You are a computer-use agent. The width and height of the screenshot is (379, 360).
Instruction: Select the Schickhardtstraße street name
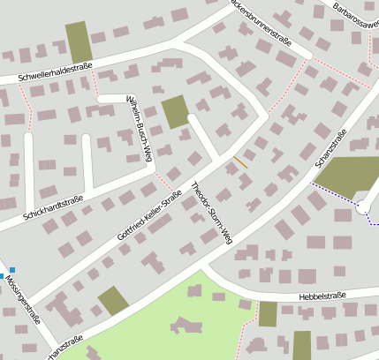coord(53,207)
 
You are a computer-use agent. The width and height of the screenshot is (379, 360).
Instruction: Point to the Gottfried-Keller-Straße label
coord(149,215)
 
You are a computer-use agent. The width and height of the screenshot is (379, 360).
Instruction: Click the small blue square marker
coord(12,270)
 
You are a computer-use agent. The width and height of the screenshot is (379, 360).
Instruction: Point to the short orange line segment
coord(240,161)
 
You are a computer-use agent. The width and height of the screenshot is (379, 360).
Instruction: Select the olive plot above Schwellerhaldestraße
coord(78,41)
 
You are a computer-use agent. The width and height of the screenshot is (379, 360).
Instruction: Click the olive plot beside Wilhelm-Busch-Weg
coord(175,112)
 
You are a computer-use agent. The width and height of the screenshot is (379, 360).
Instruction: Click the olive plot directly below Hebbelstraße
coord(268,314)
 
